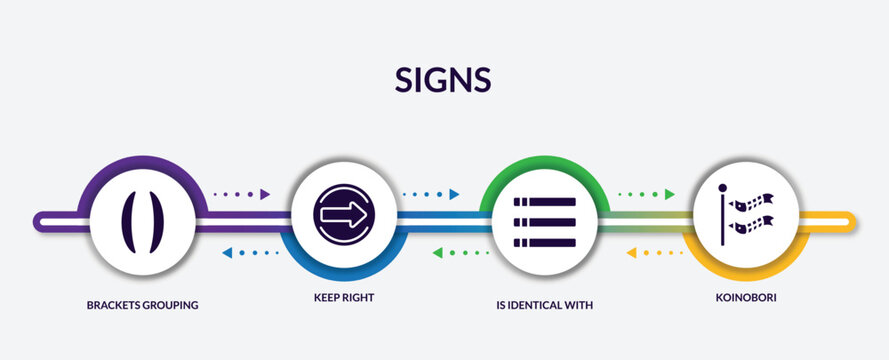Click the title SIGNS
pyautogui.click(x=444, y=81)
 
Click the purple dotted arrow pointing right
pyautogui.click(x=243, y=194)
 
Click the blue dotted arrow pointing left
pyautogui.click(x=250, y=253)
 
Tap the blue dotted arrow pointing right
pyautogui.click(x=430, y=194)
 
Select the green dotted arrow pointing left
pyautogui.click(x=460, y=253)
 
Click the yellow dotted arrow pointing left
pyautogui.click(x=655, y=253)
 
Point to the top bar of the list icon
pyautogui.click(x=545, y=202)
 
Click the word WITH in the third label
pyautogui.click(x=580, y=305)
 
